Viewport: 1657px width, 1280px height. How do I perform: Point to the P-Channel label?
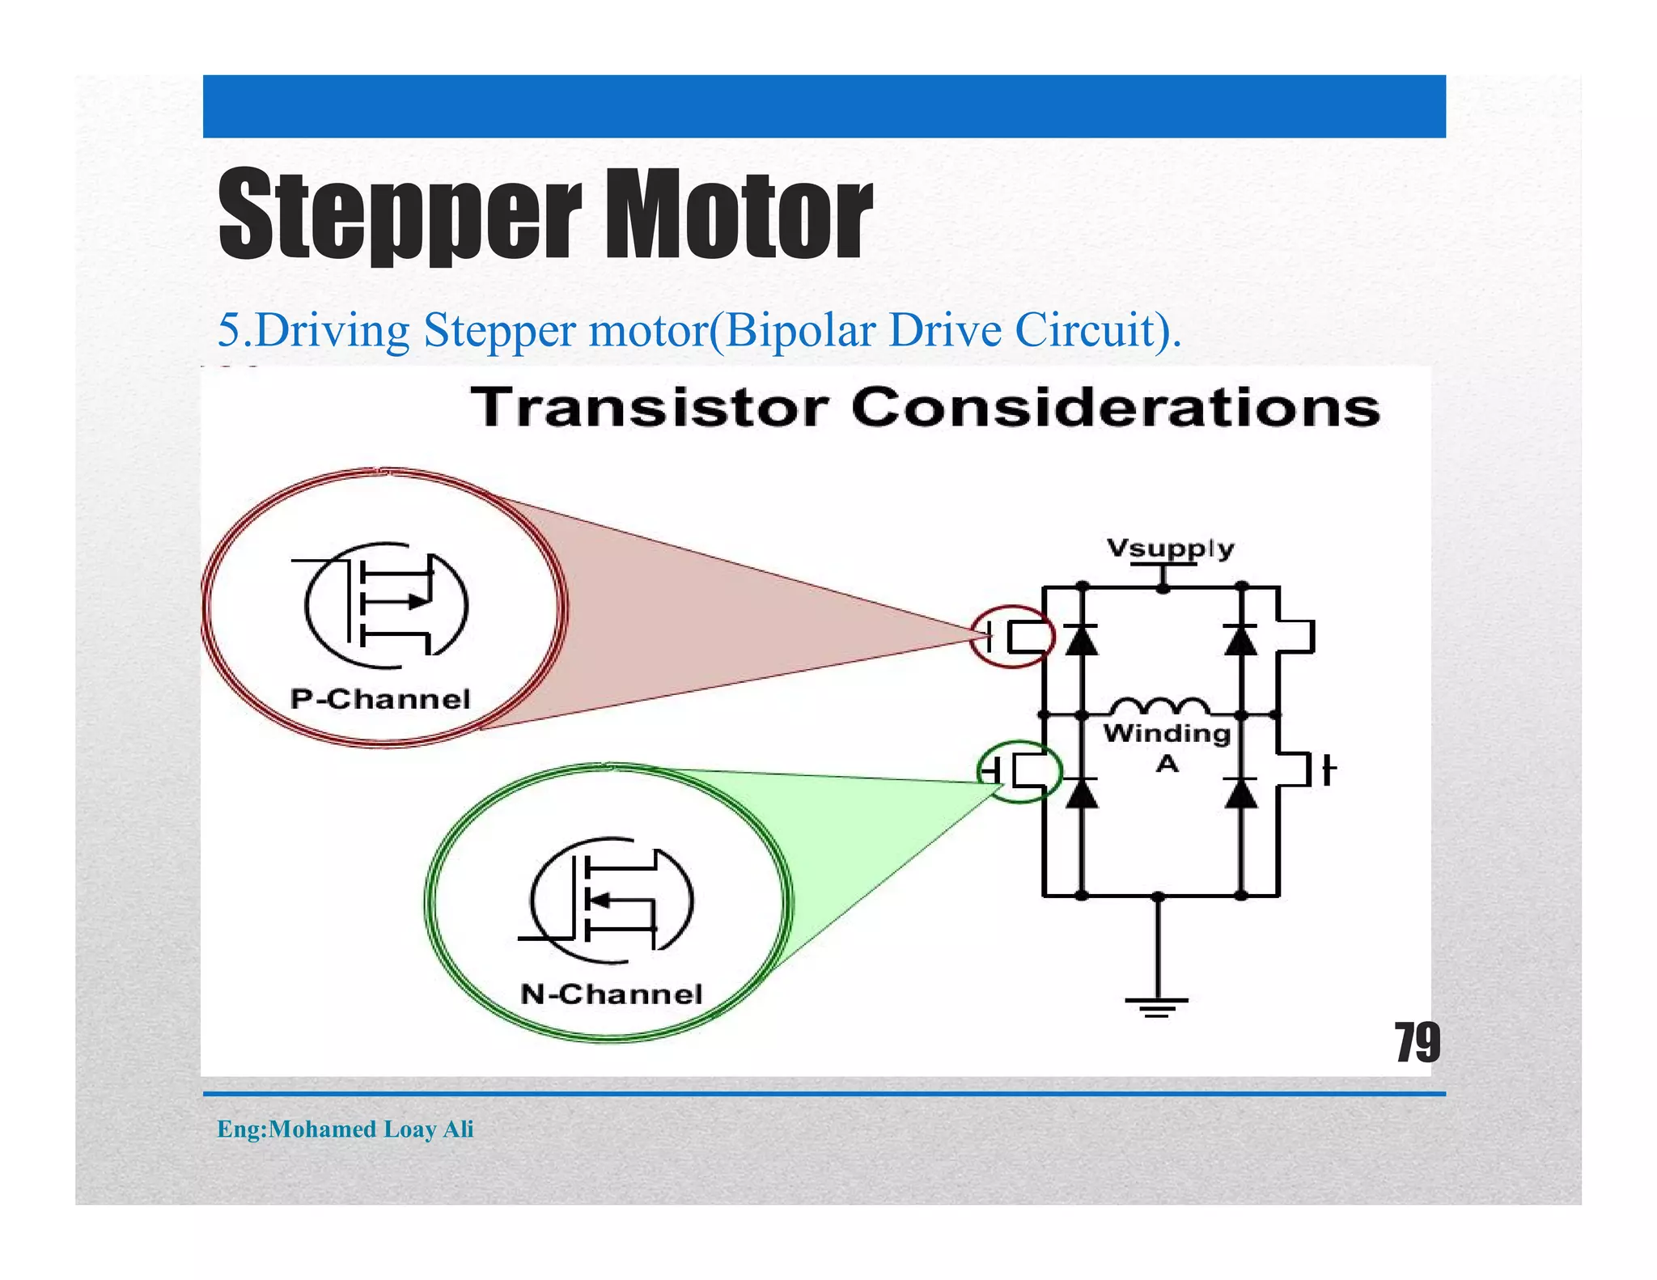pos(380,698)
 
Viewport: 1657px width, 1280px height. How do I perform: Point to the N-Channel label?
pos(611,994)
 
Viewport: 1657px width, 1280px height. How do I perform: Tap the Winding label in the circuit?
pos(1167,733)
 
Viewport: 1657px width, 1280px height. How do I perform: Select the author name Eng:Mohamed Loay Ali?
pos(345,1129)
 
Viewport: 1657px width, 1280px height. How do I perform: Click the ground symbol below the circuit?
pos(1157,1006)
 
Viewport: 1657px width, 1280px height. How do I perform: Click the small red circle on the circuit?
pos(1012,636)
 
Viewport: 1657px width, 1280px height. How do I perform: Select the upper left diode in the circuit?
pos(1082,639)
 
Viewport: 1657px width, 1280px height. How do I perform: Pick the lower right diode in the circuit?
pos(1241,793)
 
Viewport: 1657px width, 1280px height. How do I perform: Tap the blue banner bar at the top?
pos(824,106)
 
